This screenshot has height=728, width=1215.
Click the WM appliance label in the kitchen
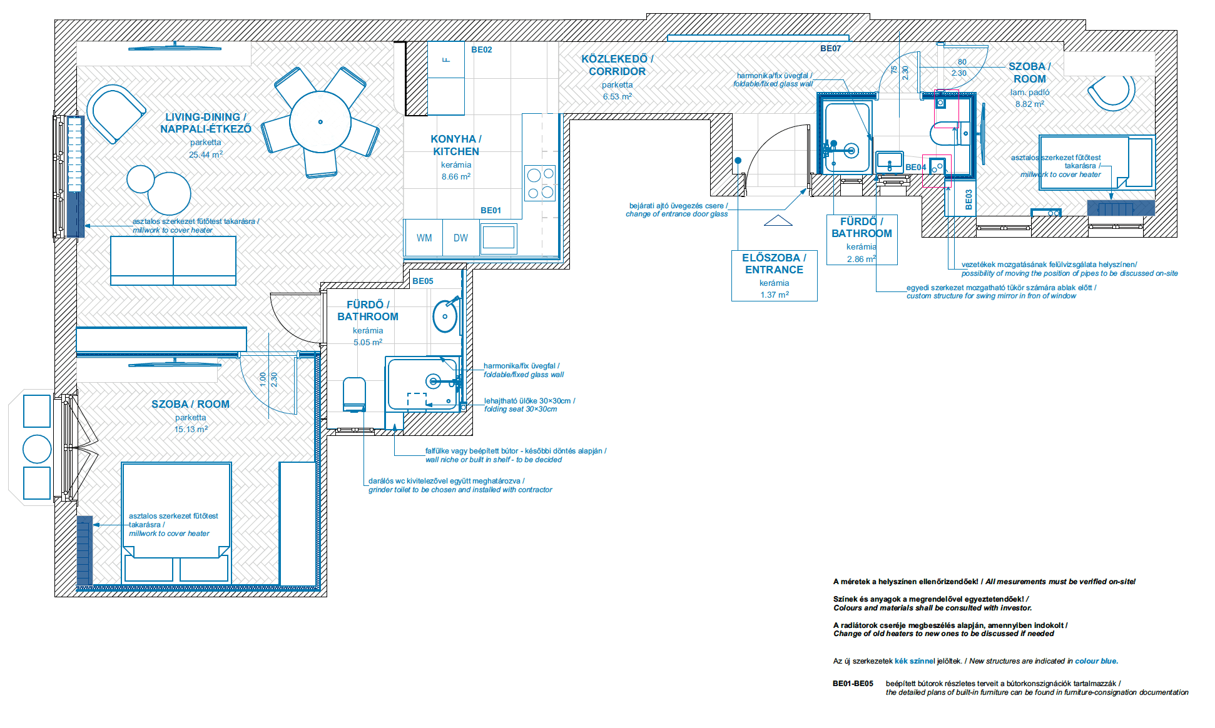(x=424, y=238)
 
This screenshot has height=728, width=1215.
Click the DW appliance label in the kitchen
(x=460, y=238)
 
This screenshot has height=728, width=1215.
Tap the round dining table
(x=320, y=122)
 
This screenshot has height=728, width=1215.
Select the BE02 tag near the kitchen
(x=482, y=50)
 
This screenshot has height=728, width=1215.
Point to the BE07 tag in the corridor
(x=831, y=48)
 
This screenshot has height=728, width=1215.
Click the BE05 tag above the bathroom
(x=423, y=281)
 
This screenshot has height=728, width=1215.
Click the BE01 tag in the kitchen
(x=491, y=210)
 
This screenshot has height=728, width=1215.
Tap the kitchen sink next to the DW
(x=499, y=238)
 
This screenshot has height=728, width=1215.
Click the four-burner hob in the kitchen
(x=540, y=183)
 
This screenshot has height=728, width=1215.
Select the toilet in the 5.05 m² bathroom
(x=354, y=395)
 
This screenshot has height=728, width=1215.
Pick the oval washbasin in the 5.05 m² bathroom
(x=445, y=316)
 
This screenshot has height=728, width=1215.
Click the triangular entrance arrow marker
(x=778, y=220)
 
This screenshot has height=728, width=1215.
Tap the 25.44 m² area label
(x=206, y=154)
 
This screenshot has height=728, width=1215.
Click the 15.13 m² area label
(x=191, y=429)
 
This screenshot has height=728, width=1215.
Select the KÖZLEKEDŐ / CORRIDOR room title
(x=618, y=65)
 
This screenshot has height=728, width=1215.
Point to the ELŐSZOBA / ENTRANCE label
(x=775, y=263)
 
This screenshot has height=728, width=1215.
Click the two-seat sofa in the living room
(x=173, y=261)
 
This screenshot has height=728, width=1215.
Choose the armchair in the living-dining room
(x=116, y=113)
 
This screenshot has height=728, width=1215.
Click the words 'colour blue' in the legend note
(x=1096, y=661)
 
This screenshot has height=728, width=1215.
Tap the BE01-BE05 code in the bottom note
(x=853, y=684)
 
